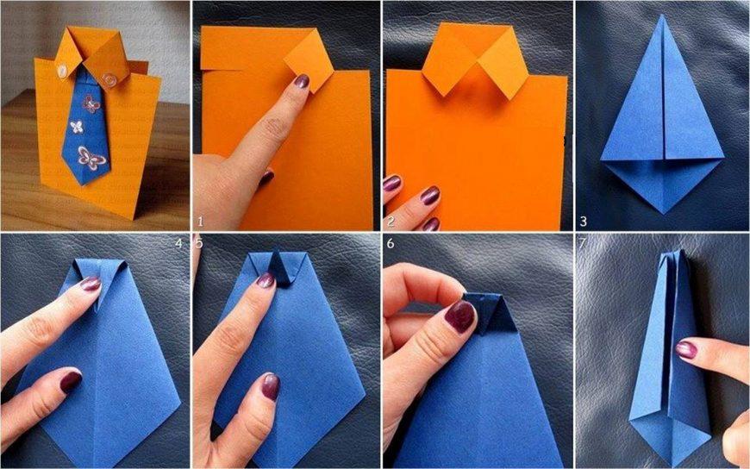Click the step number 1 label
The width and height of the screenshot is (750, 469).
tap(200, 222)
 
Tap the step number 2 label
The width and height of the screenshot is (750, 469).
tap(391, 221)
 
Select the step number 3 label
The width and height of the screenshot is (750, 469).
tap(583, 221)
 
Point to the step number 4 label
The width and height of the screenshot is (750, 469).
tap(179, 243)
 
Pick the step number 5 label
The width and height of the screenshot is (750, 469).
tap(199, 243)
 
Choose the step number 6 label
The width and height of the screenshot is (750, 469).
tap(391, 244)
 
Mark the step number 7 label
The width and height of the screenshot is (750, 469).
tap(582, 243)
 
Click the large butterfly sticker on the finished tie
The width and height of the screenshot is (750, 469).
tap(91, 159)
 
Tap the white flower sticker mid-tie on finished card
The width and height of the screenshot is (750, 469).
tap(77, 127)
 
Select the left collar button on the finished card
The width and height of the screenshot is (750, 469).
tap(62, 71)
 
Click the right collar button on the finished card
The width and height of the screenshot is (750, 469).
tap(109, 78)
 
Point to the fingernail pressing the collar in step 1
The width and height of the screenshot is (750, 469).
tap(302, 81)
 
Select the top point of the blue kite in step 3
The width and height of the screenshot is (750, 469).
tap(662, 16)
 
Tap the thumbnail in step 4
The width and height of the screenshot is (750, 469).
tap(70, 380)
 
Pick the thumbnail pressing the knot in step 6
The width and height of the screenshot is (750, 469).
tap(459, 316)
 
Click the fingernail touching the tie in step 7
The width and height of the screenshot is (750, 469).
tap(686, 350)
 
